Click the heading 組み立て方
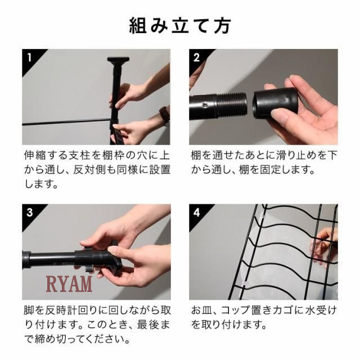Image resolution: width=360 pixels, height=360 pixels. click(180, 26)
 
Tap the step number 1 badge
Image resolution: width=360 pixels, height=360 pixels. click(29, 57)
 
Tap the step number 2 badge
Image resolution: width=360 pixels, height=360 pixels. click(196, 57)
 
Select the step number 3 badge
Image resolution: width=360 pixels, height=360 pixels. click(30, 213)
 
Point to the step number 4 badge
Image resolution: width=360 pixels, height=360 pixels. click(197, 213)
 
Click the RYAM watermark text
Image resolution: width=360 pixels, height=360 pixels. click(69, 283)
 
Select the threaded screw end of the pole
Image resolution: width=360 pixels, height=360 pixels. click(232, 105)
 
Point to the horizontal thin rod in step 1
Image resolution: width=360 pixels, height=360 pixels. click(66, 121)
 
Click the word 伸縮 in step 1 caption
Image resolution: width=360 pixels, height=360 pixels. click(35, 155)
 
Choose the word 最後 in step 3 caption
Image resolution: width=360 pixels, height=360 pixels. click(148, 325)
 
